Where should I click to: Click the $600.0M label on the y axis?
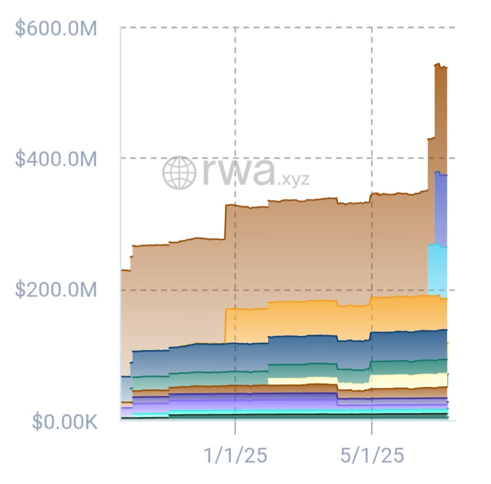pyautogui.click(x=56, y=28)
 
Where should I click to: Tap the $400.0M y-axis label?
pyautogui.click(x=56, y=158)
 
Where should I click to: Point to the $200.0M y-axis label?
pyautogui.click(x=56, y=290)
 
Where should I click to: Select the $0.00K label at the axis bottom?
pyautogui.click(x=65, y=422)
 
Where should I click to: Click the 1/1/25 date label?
pyautogui.click(x=235, y=455)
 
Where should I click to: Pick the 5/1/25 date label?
pyautogui.click(x=372, y=455)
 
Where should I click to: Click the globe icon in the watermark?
pyautogui.click(x=179, y=173)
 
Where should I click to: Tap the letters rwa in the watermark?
pyautogui.click(x=239, y=172)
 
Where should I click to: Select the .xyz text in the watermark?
pyautogui.click(x=293, y=180)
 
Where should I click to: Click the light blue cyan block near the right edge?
pyautogui.click(x=437, y=270)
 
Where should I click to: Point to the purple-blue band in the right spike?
pyautogui.click(x=440, y=209)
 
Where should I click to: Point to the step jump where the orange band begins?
pyautogui.click(x=225, y=326)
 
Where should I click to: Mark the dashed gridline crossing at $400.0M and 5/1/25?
pyautogui.click(x=372, y=158)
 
